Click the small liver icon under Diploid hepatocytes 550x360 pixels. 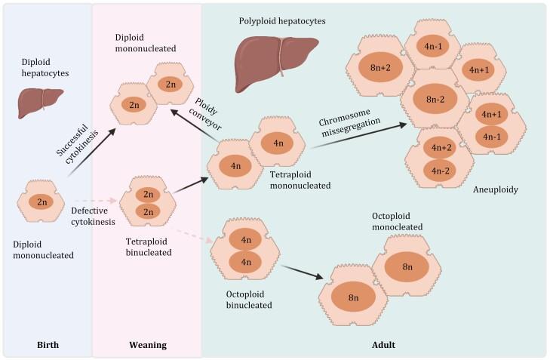[36, 97]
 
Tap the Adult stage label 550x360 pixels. [383, 345]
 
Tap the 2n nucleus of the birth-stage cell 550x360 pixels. [42, 202]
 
